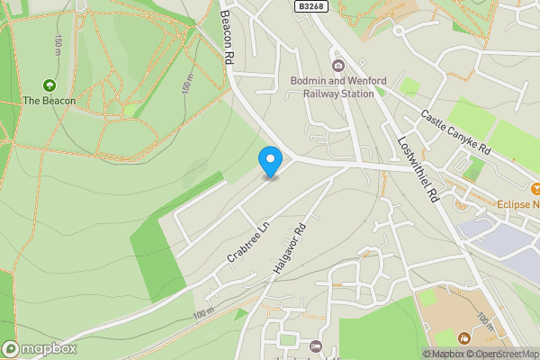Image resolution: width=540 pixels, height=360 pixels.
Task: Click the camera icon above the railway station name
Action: (x=338, y=65)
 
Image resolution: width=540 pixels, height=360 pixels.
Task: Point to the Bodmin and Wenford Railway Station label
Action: (x=338, y=86)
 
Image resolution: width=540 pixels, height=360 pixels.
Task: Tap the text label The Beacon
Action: (x=49, y=101)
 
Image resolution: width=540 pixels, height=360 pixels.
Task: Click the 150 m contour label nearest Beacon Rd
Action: (x=188, y=83)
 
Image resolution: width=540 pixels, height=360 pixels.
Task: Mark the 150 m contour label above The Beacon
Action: (x=58, y=42)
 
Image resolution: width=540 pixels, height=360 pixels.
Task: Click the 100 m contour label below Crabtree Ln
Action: (x=205, y=311)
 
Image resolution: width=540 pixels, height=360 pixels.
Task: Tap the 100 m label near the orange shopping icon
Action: (x=483, y=320)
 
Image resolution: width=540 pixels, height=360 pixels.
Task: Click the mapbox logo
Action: (x=40, y=349)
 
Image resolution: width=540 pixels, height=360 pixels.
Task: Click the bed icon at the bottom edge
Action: (x=316, y=346)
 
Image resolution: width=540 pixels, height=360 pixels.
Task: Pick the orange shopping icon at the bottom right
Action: (x=463, y=338)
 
